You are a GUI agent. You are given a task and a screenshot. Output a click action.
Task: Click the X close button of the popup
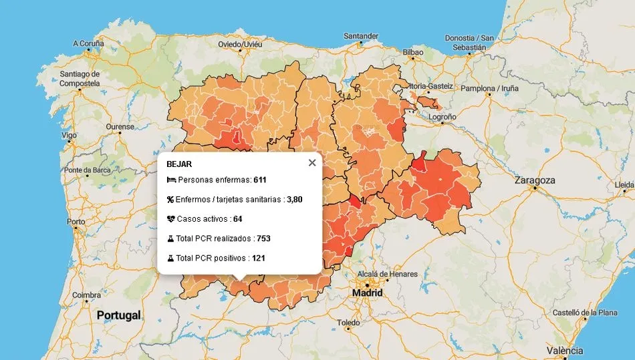click(x=311, y=163)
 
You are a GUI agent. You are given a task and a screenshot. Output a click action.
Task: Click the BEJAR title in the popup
click(x=179, y=164)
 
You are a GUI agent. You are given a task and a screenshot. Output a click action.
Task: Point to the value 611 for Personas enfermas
click(x=260, y=180)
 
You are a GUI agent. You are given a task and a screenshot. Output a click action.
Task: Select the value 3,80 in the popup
click(x=295, y=199)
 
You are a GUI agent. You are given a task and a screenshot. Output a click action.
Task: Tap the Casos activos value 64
click(x=237, y=219)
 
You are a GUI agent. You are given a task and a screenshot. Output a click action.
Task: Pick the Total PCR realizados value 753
click(x=263, y=238)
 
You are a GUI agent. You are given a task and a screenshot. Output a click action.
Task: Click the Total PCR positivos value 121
click(x=259, y=258)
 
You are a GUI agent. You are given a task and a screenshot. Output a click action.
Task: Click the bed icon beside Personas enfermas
click(x=171, y=180)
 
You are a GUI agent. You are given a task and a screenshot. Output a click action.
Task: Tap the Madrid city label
click(x=368, y=293)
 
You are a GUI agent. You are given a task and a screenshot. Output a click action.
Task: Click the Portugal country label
click(x=118, y=315)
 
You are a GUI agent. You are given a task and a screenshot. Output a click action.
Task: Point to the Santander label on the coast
click(x=361, y=36)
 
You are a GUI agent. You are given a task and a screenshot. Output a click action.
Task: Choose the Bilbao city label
click(x=413, y=52)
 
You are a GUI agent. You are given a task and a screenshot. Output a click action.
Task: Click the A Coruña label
click(x=88, y=43)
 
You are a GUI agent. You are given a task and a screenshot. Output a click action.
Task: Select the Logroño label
click(x=442, y=117)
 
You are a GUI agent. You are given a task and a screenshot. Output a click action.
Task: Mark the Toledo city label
click(x=348, y=323)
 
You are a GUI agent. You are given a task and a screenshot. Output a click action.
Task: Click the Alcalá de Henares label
click(x=388, y=274)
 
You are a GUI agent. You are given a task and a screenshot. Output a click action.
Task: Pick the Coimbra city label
click(x=87, y=295)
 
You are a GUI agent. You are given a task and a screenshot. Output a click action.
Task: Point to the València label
click(x=564, y=351)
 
